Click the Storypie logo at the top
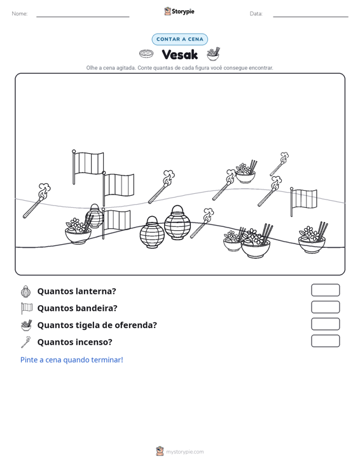click(x=179, y=11)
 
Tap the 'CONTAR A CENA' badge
click(x=179, y=39)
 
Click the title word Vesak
click(x=179, y=55)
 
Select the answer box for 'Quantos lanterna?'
click(x=325, y=290)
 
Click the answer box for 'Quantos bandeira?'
click(x=325, y=307)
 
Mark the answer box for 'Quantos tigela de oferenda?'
click(x=325, y=324)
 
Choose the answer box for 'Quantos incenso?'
click(x=325, y=341)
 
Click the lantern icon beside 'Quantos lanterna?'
click(x=26, y=291)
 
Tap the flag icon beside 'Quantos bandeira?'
click(x=27, y=308)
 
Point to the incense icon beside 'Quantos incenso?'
click(x=26, y=342)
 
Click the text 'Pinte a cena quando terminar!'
click(x=72, y=360)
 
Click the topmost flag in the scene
click(x=88, y=166)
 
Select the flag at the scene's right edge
click(x=303, y=201)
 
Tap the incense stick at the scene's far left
click(x=36, y=201)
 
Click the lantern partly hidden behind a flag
click(x=94, y=216)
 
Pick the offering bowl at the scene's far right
click(x=312, y=238)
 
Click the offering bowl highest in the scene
click(x=246, y=172)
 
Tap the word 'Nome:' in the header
click(x=20, y=14)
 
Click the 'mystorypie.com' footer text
click(x=185, y=452)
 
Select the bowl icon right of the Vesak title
click(x=214, y=53)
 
